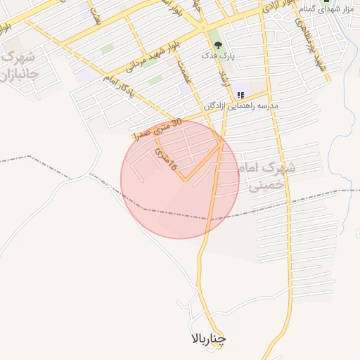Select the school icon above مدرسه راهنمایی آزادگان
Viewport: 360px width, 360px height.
(x=241, y=95)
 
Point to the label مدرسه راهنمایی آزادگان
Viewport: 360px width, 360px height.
(x=241, y=105)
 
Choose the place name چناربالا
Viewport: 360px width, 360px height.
(x=209, y=340)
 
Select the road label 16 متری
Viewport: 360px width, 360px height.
(x=163, y=159)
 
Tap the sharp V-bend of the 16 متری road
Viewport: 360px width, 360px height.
(x=185, y=179)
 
